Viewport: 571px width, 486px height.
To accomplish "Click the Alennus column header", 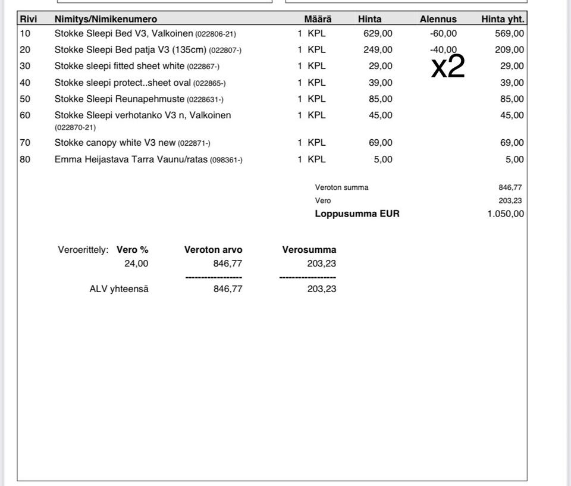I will coord(438,19).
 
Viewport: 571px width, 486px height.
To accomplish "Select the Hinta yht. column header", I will coord(503,19).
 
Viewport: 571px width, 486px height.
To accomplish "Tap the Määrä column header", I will coord(318,19).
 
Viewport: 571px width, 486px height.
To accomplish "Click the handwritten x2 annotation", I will coord(447,67).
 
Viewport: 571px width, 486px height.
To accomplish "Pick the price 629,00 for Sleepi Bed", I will coord(378,34).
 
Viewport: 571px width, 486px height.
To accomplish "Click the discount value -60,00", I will coord(443,34).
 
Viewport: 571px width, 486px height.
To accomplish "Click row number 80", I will coord(25,159).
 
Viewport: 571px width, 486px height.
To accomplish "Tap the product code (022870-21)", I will coord(75,127).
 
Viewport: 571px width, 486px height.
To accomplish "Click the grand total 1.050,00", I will coord(506,214).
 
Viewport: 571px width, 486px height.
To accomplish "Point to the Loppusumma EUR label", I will coord(357,214).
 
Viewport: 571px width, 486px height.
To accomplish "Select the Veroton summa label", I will coord(341,187).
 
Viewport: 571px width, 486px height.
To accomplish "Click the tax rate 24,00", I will coord(136,264).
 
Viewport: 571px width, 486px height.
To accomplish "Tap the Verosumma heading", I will coord(309,250).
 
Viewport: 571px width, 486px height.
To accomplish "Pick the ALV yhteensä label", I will coord(119,289).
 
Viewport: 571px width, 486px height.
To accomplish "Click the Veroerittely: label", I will coord(83,250).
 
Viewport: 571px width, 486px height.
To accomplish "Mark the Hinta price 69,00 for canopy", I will coord(380,143).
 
